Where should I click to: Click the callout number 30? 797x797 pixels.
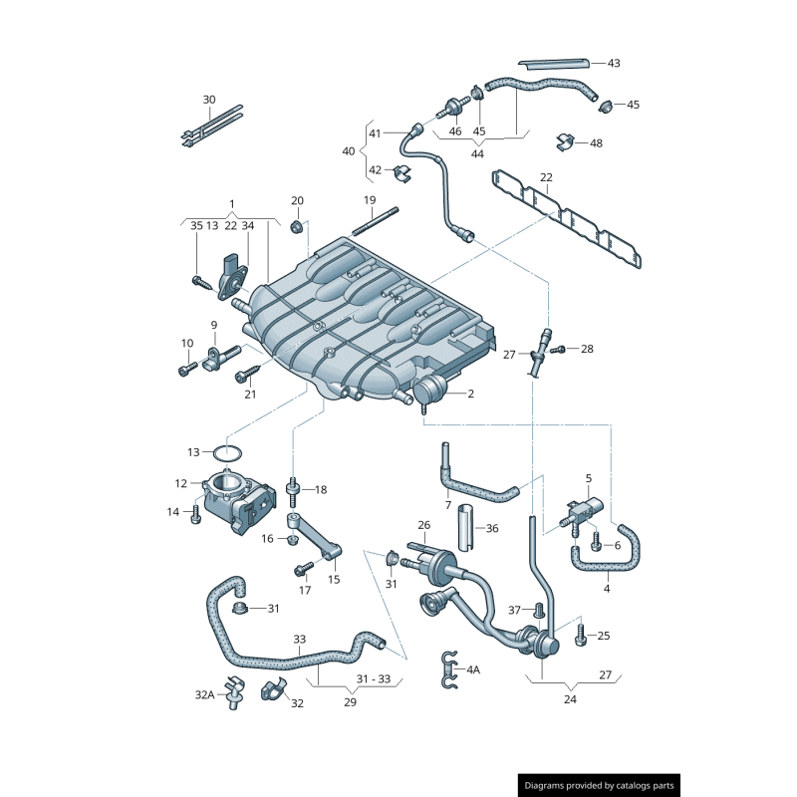coord(209,100)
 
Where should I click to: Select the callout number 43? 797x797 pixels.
coord(614,63)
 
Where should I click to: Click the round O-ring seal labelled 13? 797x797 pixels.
coord(228,452)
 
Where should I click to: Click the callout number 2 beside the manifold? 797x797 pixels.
coord(470,394)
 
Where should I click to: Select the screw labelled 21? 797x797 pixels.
coord(245,376)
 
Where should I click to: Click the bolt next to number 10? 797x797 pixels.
coord(186,370)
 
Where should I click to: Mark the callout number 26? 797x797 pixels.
coord(423,525)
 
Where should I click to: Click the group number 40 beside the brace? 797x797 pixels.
coord(348,151)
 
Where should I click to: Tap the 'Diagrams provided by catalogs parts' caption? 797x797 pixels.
coord(600,786)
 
